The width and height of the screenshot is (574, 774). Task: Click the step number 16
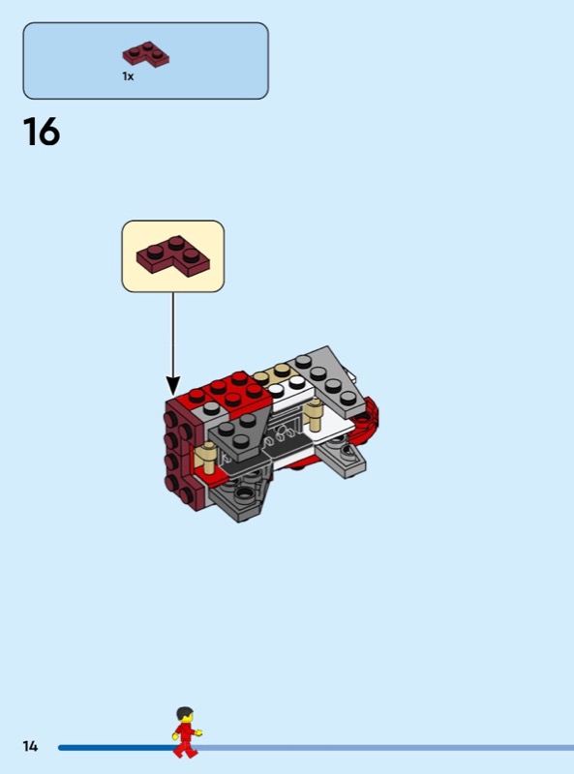(42, 132)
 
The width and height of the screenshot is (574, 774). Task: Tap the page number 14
(30, 746)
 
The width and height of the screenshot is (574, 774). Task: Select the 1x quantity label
(128, 76)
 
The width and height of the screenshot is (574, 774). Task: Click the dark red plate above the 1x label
(146, 54)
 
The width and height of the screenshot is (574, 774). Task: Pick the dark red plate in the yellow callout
(173, 255)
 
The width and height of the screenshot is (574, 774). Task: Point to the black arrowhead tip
(173, 395)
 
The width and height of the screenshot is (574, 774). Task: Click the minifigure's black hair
(184, 712)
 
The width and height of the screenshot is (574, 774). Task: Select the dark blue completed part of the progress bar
(116, 748)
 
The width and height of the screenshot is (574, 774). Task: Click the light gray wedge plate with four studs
(328, 379)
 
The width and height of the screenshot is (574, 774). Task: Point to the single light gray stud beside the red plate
(211, 408)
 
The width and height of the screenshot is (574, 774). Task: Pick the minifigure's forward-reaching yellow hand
(198, 732)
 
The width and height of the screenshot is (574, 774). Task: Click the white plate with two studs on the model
(289, 391)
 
